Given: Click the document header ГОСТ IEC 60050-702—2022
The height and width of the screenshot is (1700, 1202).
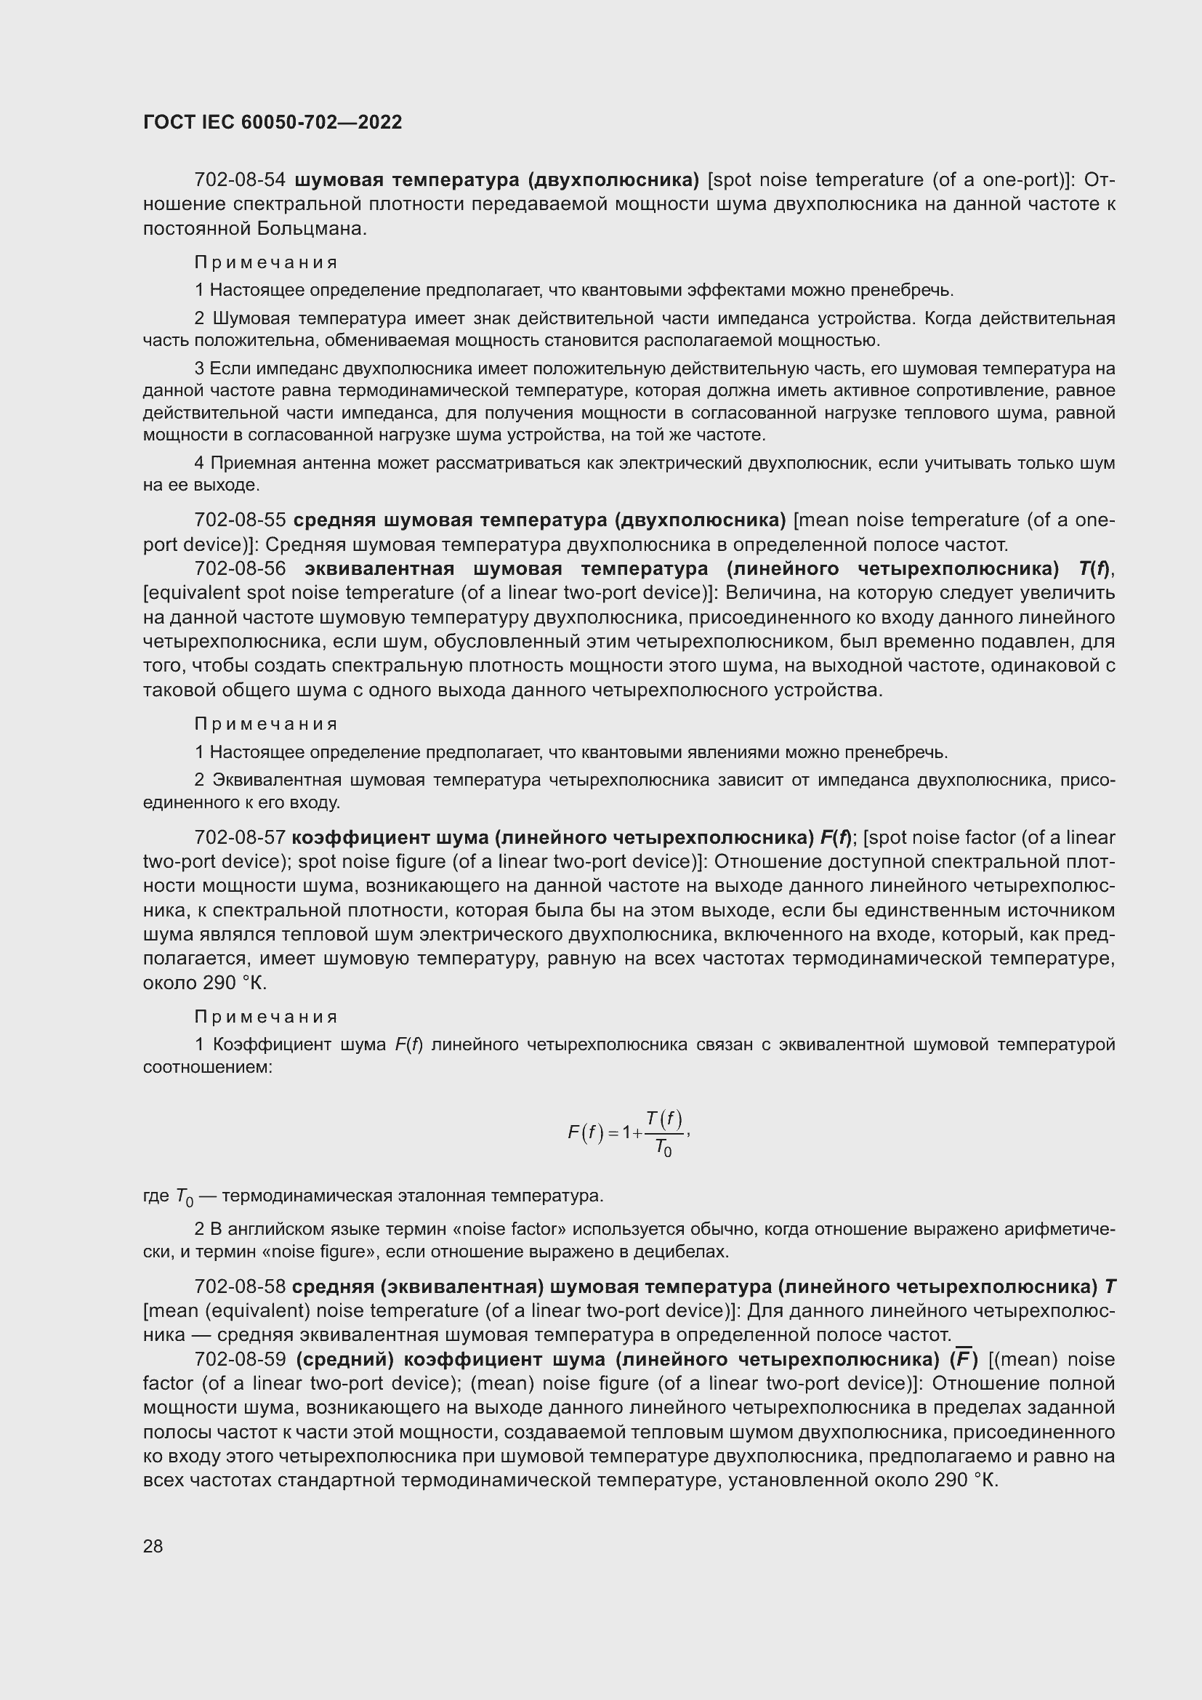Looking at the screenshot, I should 273,123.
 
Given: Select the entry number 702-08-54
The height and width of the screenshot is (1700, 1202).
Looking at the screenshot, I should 240,180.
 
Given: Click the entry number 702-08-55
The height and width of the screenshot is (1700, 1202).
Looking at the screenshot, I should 240,520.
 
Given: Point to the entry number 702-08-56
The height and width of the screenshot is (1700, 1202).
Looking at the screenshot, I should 240,568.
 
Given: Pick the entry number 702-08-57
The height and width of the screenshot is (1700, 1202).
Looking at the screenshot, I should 240,837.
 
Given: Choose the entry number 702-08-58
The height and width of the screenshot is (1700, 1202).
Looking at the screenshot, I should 240,1287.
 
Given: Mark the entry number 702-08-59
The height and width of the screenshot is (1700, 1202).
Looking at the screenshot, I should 240,1359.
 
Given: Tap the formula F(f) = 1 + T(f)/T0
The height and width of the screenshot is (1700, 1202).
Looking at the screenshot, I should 629,1133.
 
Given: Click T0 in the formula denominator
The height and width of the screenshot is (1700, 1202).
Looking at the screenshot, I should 663,1149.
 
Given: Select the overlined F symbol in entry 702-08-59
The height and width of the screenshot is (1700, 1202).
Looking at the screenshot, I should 963,1359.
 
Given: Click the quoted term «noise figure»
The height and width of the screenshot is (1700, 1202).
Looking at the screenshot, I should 320,1252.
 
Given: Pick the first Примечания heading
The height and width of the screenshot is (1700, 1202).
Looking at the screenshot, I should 266,263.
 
